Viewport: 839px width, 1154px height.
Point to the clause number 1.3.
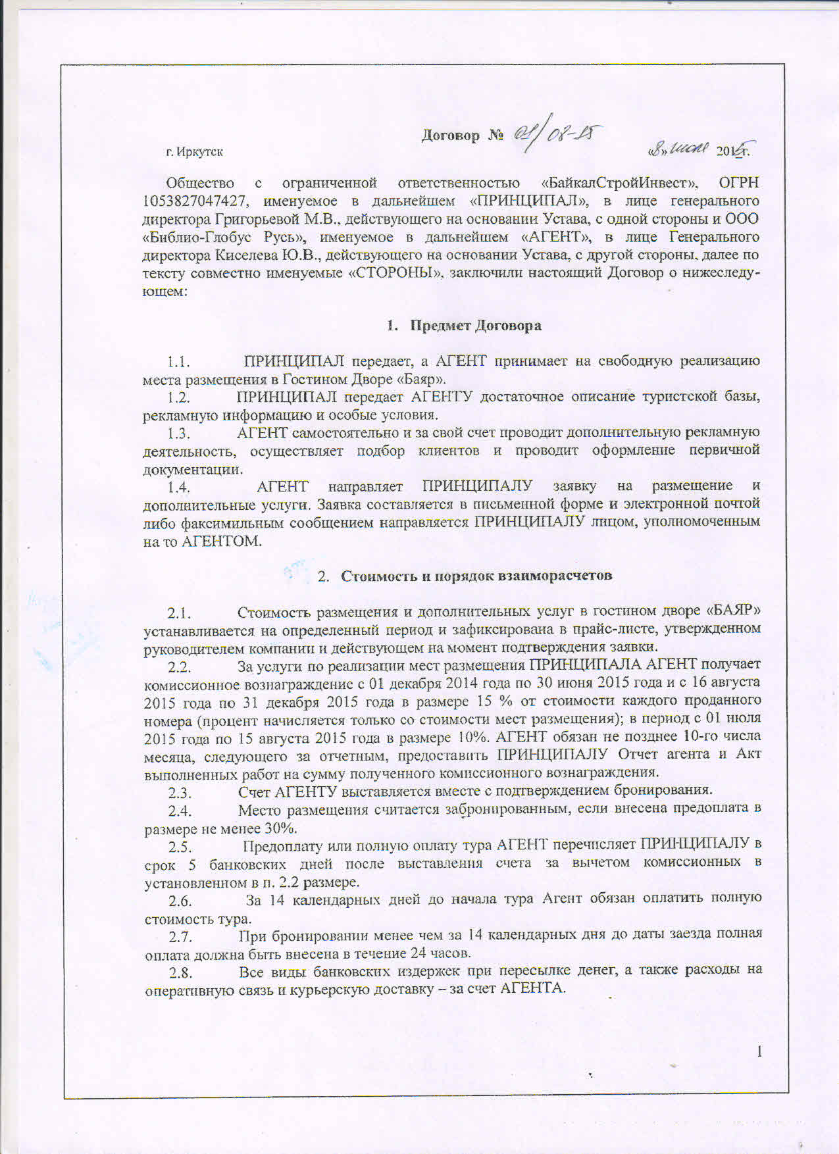pyautogui.click(x=178, y=434)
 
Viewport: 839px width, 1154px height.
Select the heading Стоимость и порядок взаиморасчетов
pyautogui.click(x=476, y=576)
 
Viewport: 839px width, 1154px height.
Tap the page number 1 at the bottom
pyautogui.click(x=759, y=1051)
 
